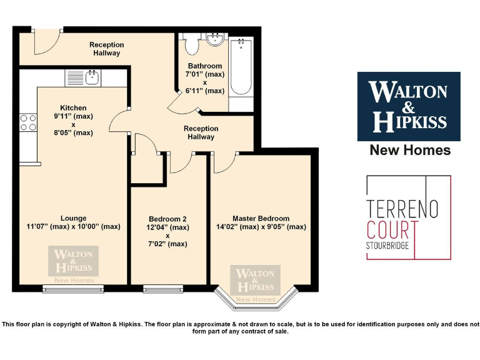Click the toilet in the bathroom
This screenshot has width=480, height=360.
(x=191, y=45)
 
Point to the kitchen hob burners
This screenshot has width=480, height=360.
(x=28, y=122)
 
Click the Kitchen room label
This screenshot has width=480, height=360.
(x=73, y=108)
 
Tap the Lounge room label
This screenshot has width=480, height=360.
(x=74, y=218)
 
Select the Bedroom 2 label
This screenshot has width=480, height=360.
(x=168, y=219)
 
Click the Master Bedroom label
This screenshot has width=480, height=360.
(x=261, y=218)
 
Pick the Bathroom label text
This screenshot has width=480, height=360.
(x=204, y=66)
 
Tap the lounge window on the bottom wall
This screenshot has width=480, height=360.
(x=74, y=289)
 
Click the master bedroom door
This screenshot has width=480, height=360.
(x=223, y=161)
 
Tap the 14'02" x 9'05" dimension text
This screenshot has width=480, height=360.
(x=261, y=227)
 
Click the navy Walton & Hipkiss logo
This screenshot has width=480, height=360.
(x=409, y=106)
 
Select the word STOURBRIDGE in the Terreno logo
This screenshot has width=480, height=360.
(x=388, y=245)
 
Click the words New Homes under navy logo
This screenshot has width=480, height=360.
(x=410, y=150)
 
